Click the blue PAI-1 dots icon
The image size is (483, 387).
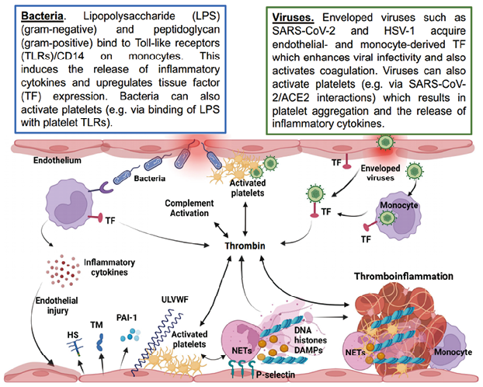pyautogui.click(x=134, y=334)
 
